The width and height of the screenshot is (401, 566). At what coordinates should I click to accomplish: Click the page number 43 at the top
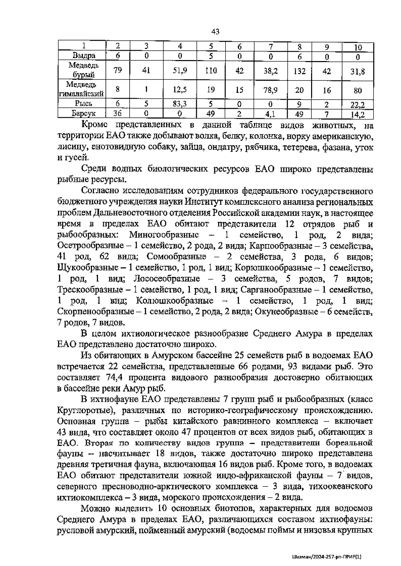pyautogui.click(x=215, y=32)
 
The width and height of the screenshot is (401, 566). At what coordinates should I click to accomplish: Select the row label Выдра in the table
pyautogui.click(x=84, y=56)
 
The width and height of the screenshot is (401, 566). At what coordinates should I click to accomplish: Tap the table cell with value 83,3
pyautogui.click(x=179, y=104)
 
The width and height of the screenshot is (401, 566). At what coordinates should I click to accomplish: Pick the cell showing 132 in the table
pyautogui.click(x=299, y=71)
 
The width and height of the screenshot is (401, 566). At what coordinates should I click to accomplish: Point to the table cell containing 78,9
pyautogui.click(x=271, y=90)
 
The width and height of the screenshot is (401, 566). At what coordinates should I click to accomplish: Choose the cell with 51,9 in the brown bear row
pyautogui.click(x=179, y=71)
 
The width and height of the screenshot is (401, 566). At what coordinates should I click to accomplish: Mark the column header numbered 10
pyautogui.click(x=357, y=47)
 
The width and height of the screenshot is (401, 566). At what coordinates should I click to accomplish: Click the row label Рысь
pyautogui.click(x=84, y=104)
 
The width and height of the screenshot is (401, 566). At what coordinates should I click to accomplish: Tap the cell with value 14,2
pyautogui.click(x=357, y=114)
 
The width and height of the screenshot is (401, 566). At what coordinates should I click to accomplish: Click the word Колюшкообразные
pyautogui.click(x=175, y=301)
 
